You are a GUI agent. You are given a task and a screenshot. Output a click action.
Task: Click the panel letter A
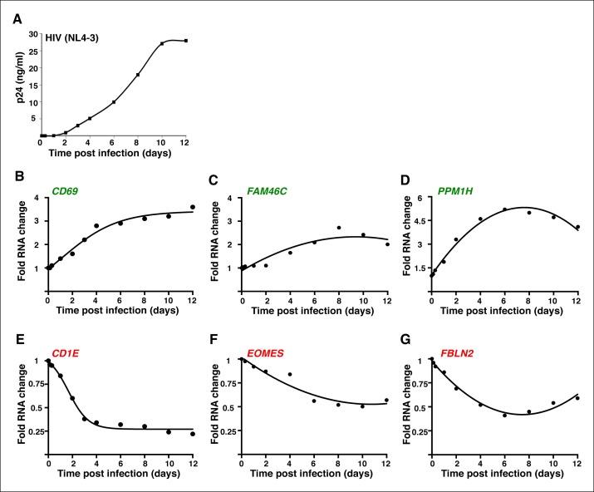(x=17, y=20)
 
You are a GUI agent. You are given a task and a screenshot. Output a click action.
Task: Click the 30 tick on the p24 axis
(x=32, y=34)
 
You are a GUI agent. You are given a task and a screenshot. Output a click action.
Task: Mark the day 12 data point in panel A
(x=186, y=41)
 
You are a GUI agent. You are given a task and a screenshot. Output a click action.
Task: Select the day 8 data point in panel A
(x=138, y=75)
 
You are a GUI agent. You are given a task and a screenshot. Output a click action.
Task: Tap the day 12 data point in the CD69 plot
(x=193, y=207)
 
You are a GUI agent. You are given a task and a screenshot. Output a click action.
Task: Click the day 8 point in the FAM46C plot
(x=339, y=228)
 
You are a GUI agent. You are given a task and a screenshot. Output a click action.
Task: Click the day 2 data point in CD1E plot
(x=72, y=398)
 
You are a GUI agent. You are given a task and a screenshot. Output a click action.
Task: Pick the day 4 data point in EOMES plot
(x=290, y=375)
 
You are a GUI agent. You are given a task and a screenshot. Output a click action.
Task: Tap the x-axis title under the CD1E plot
(x=121, y=483)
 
